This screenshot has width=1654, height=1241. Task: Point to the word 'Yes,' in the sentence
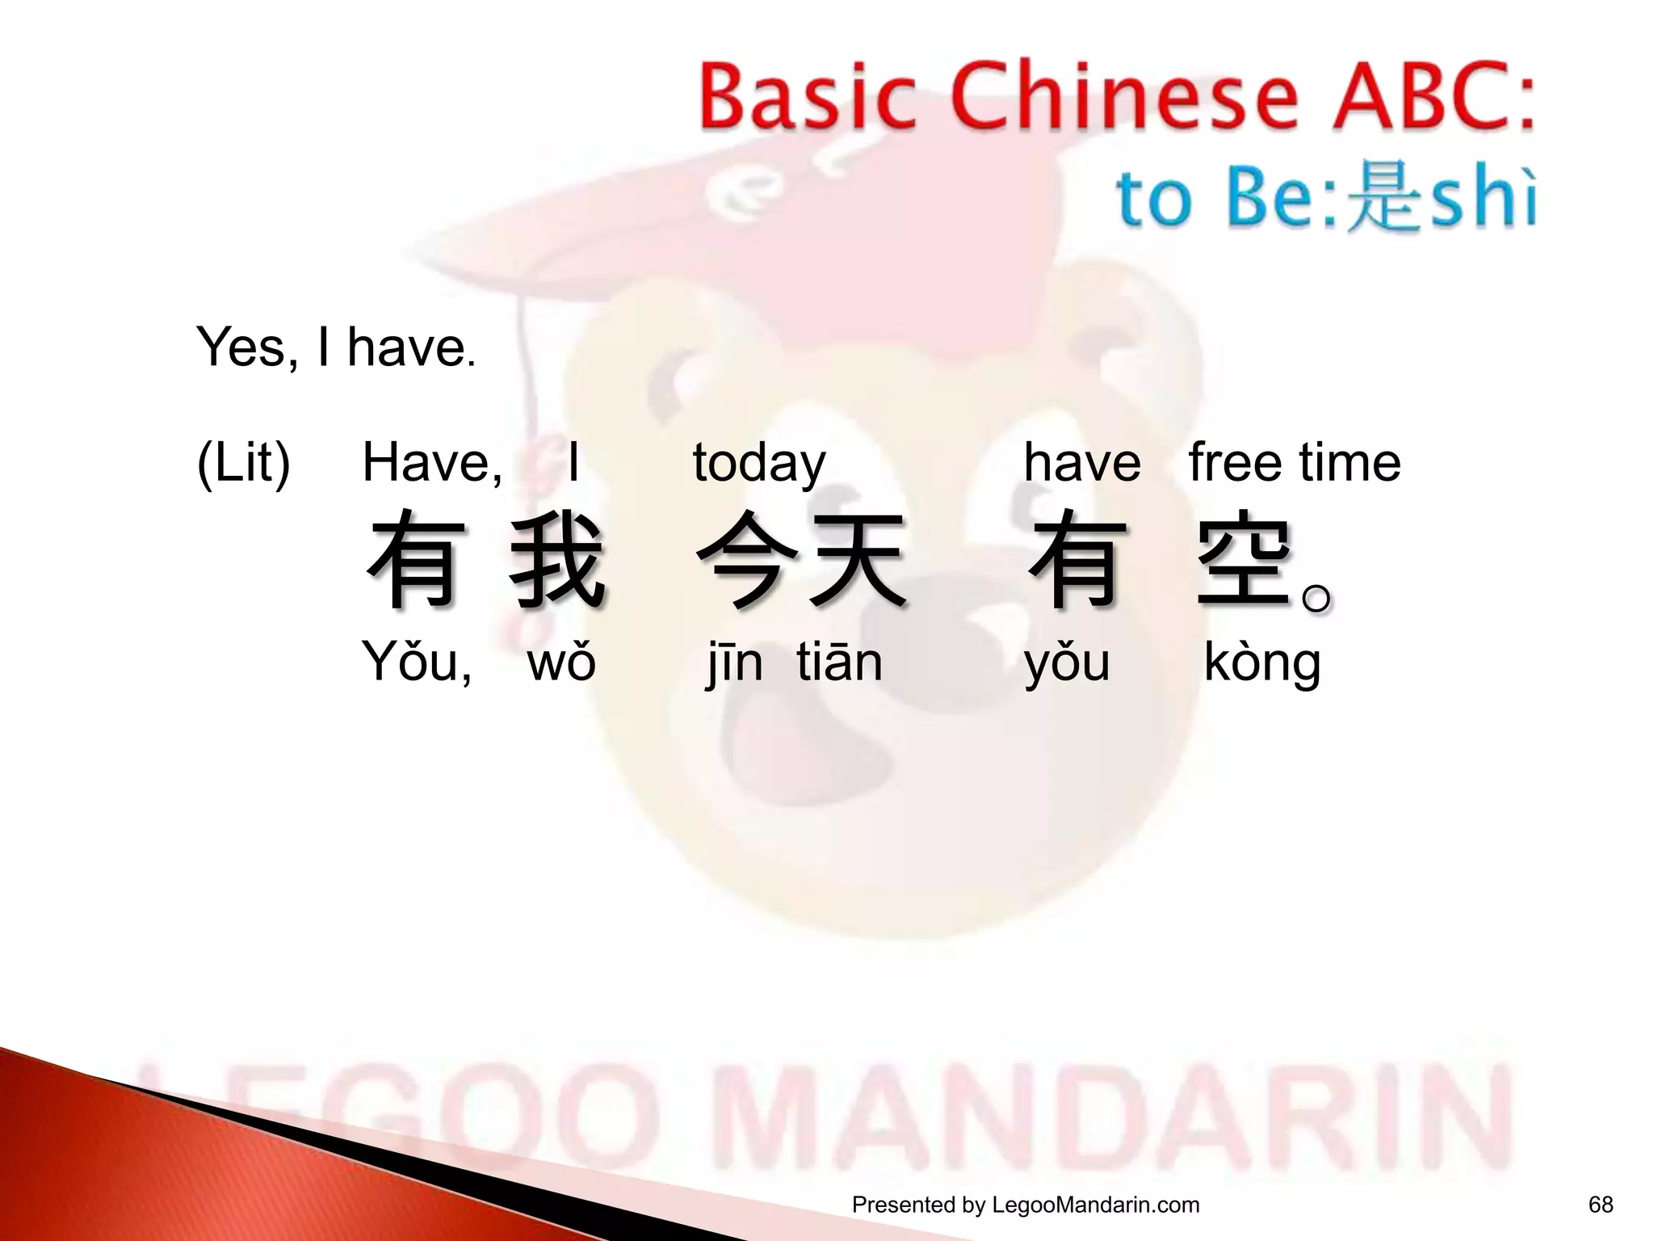coord(246,347)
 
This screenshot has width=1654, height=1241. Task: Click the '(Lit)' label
coord(243,464)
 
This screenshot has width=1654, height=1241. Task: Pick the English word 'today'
coord(759,464)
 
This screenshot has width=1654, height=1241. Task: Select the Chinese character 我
coord(557,560)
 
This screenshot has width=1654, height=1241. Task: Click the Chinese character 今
coord(744,560)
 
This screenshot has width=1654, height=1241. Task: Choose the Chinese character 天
coord(858,560)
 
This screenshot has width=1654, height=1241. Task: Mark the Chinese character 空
coord(1245,560)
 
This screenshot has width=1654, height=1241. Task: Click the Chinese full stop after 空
coord(1316,598)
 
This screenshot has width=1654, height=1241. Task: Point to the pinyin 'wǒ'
coord(561,663)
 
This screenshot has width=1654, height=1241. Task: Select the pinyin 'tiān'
coord(839,663)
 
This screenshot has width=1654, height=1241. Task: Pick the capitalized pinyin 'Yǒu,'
coord(417,663)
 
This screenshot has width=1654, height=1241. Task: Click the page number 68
coord(1600,1205)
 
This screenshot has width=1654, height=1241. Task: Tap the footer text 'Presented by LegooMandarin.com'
coord(1026,1205)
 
